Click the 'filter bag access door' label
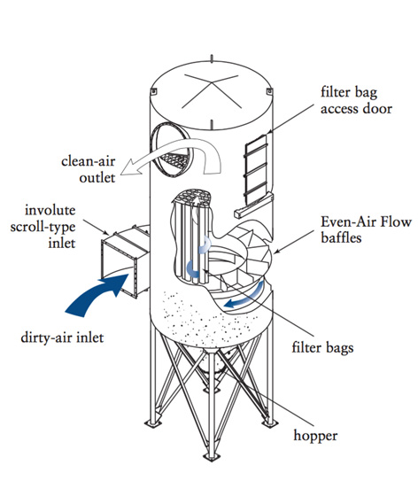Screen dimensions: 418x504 (356, 100)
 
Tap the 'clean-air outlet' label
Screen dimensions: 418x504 (88, 169)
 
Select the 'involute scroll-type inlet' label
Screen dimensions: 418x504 (43, 227)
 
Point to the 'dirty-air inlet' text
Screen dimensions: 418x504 (62, 337)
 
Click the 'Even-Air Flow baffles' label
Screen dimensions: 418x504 (367, 229)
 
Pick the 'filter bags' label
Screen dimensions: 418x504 (322, 348)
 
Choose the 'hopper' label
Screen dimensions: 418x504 (315, 436)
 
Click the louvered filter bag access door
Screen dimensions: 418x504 (256, 170)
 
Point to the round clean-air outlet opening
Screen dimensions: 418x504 (171, 150)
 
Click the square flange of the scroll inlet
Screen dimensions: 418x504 (120, 266)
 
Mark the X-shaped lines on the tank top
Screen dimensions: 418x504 (211, 91)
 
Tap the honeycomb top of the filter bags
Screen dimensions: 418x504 (192, 195)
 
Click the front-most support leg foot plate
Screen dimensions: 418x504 (211, 457)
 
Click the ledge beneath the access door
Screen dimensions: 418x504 (253, 206)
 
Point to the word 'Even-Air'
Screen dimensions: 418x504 (346, 222)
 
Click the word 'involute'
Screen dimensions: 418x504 (50, 211)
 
